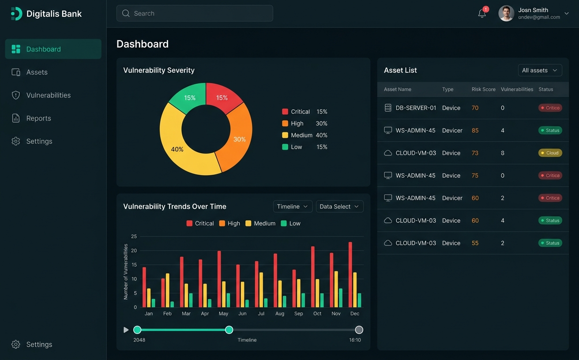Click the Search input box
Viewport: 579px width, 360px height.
coord(194,13)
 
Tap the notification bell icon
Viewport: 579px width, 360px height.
coord(482,14)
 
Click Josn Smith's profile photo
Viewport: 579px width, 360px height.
coord(506,13)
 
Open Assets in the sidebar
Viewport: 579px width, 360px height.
coord(37,72)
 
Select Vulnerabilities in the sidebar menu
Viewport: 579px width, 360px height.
coord(48,95)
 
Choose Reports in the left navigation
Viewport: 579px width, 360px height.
coord(38,118)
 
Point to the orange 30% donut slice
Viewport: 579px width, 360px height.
coord(237,137)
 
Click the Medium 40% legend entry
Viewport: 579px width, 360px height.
coord(305,135)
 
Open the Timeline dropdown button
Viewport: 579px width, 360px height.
coord(293,206)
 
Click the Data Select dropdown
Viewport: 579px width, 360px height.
coord(339,206)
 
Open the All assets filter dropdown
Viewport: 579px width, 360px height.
coord(540,70)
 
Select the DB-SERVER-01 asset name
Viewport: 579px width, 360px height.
coord(416,108)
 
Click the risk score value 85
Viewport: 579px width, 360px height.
coord(475,131)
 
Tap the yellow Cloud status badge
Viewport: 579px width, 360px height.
coord(550,153)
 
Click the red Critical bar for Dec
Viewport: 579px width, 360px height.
coord(350,274)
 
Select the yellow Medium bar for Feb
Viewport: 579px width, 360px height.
coord(167,290)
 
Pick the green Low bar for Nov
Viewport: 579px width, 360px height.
coord(340,298)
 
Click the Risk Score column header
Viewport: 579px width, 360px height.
coord(483,90)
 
